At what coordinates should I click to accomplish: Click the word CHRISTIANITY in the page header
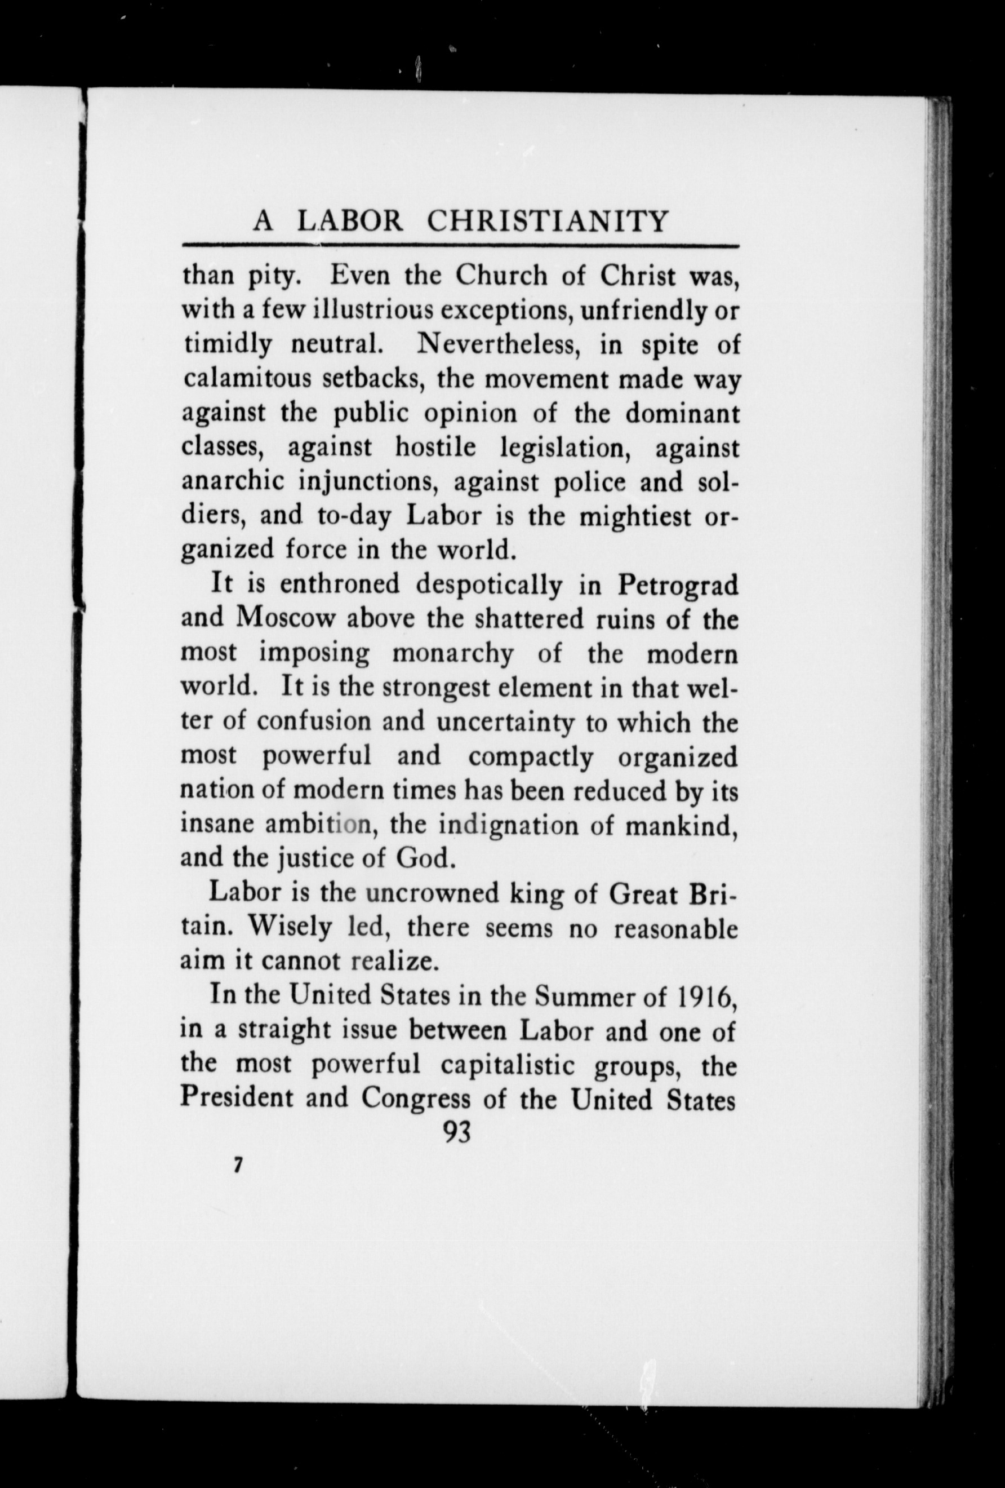coord(548,221)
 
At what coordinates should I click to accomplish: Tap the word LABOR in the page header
coord(351,221)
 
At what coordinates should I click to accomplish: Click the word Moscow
coord(286,618)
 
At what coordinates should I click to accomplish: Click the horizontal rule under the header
coord(460,245)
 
